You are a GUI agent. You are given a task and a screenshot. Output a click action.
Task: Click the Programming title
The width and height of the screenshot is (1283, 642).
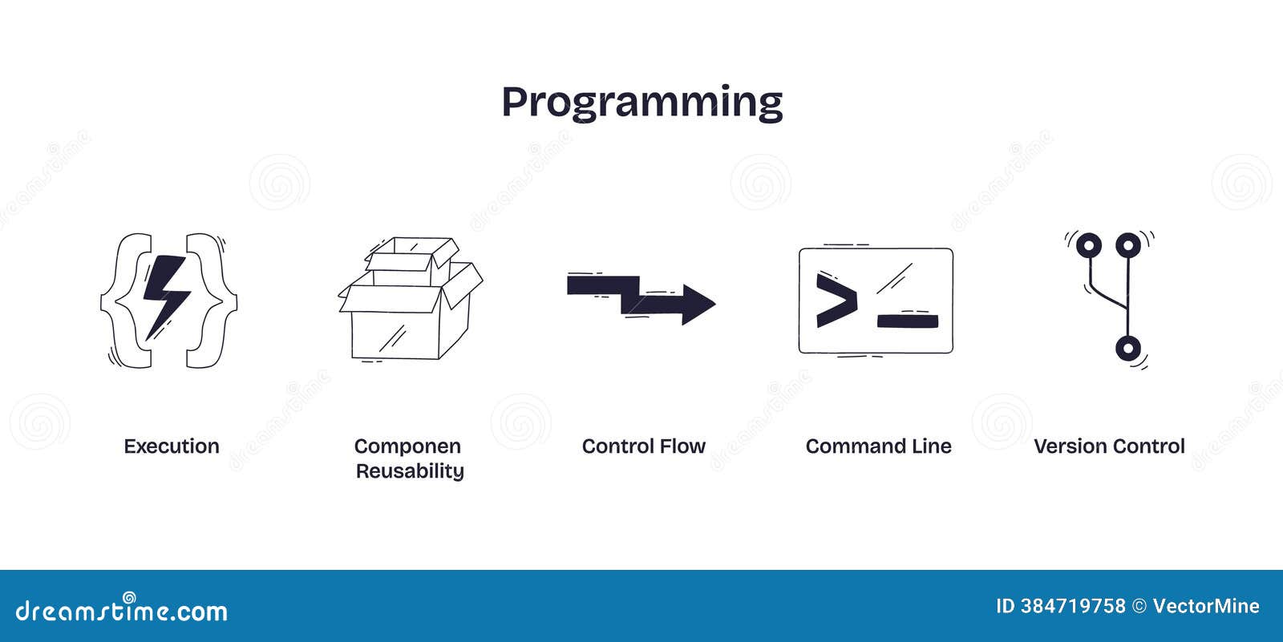coord(641,103)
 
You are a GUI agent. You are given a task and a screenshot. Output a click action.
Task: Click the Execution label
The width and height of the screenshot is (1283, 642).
coord(171,446)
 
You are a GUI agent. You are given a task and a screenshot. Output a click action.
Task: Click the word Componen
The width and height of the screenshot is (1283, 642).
coord(407,446)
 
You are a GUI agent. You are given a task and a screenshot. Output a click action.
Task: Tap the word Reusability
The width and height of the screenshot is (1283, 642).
coord(409,471)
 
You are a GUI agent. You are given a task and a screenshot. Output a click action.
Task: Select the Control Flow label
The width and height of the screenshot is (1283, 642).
coord(643,446)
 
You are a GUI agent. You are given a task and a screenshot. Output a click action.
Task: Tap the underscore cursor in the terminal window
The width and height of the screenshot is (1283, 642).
coord(908,321)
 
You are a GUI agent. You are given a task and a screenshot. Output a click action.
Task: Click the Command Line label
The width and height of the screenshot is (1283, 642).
coord(878,446)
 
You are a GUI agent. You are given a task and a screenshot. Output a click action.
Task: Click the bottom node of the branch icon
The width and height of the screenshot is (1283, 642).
coord(1127,349)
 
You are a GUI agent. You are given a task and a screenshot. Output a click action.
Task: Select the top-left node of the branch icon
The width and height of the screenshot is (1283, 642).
coord(1088,244)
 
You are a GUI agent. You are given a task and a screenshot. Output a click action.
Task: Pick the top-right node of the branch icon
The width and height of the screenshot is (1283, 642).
coord(1127,244)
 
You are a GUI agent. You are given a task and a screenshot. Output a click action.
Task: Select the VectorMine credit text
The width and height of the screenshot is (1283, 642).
coord(1205,607)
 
